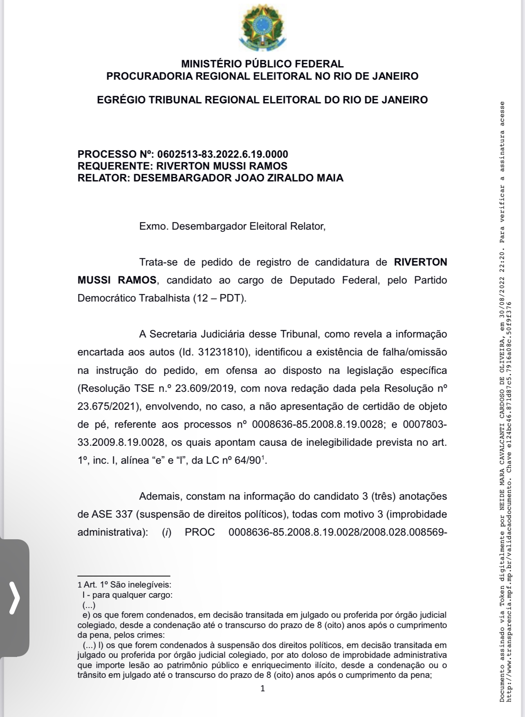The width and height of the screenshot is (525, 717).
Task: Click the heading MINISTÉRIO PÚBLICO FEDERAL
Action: pos(262,64)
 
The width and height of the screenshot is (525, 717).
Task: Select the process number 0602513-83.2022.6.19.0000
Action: pos(222,154)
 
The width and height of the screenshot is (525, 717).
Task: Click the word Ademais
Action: pos(160,496)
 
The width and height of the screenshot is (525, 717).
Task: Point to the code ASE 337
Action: pos(105,514)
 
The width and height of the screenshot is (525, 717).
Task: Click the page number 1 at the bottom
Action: pos(262,688)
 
